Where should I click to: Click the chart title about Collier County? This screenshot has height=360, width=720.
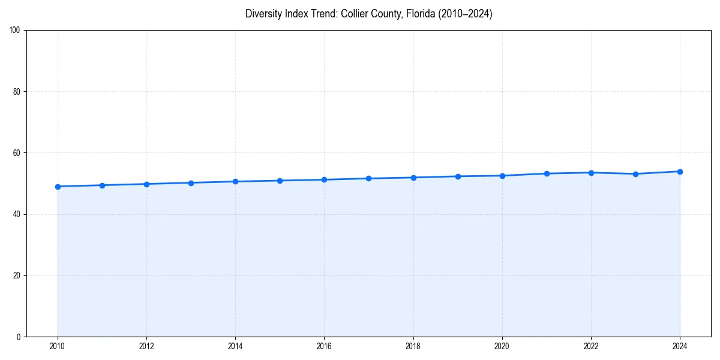[x=368, y=14]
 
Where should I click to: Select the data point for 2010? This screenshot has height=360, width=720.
[x=58, y=187]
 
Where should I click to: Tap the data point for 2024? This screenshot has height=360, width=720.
[x=680, y=172]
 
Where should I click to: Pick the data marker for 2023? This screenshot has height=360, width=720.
[x=635, y=174]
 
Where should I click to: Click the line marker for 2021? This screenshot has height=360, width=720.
[x=547, y=173]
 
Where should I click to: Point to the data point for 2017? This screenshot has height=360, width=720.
[x=368, y=178]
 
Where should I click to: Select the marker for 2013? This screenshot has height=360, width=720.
[x=191, y=183]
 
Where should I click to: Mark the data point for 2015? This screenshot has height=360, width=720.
[x=280, y=181]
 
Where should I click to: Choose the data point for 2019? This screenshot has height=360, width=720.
[x=458, y=176]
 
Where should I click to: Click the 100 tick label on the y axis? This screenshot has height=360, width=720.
[x=16, y=31]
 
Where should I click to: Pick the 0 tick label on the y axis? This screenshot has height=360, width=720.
[x=19, y=337]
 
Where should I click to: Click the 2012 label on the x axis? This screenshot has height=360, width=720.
[x=146, y=346]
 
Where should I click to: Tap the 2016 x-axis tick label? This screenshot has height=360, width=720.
[x=324, y=346]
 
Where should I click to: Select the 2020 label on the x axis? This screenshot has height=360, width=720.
[x=502, y=346]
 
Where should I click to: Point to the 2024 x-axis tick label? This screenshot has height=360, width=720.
[x=680, y=346]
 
